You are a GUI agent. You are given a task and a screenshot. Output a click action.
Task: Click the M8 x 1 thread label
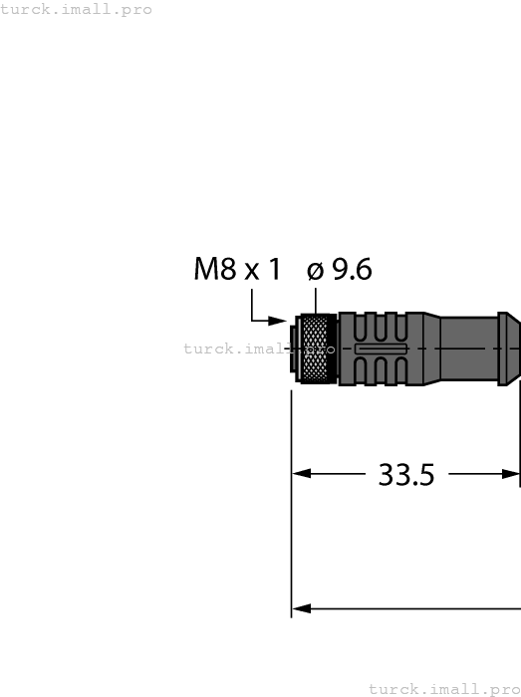tap(237, 269)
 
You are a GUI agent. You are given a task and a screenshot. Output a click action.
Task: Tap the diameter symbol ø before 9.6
tap(316, 270)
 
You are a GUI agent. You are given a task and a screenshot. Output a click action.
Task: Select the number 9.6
tap(351, 269)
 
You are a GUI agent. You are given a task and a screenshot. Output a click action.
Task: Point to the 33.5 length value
tap(406, 475)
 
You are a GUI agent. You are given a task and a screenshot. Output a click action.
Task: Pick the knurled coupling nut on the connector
tap(319, 348)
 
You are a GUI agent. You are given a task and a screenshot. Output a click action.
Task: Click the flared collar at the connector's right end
tap(509, 348)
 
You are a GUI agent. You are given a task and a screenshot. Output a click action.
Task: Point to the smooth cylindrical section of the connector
tap(468, 348)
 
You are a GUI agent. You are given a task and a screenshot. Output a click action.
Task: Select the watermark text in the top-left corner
tap(77, 9)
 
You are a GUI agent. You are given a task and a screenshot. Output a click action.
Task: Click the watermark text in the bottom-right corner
tap(444, 688)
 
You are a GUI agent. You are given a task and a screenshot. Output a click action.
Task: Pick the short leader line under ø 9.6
tap(316, 300)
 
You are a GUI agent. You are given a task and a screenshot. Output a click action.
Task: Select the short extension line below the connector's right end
tap(520, 438)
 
